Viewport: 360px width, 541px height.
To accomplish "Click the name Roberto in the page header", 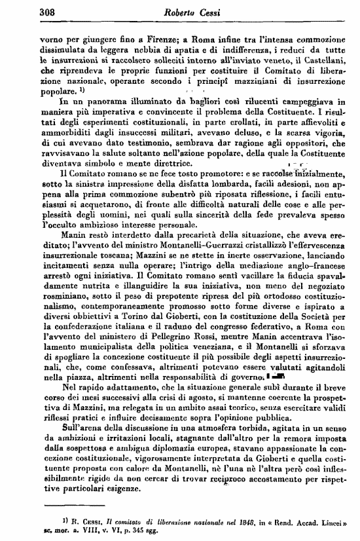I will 164,11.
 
